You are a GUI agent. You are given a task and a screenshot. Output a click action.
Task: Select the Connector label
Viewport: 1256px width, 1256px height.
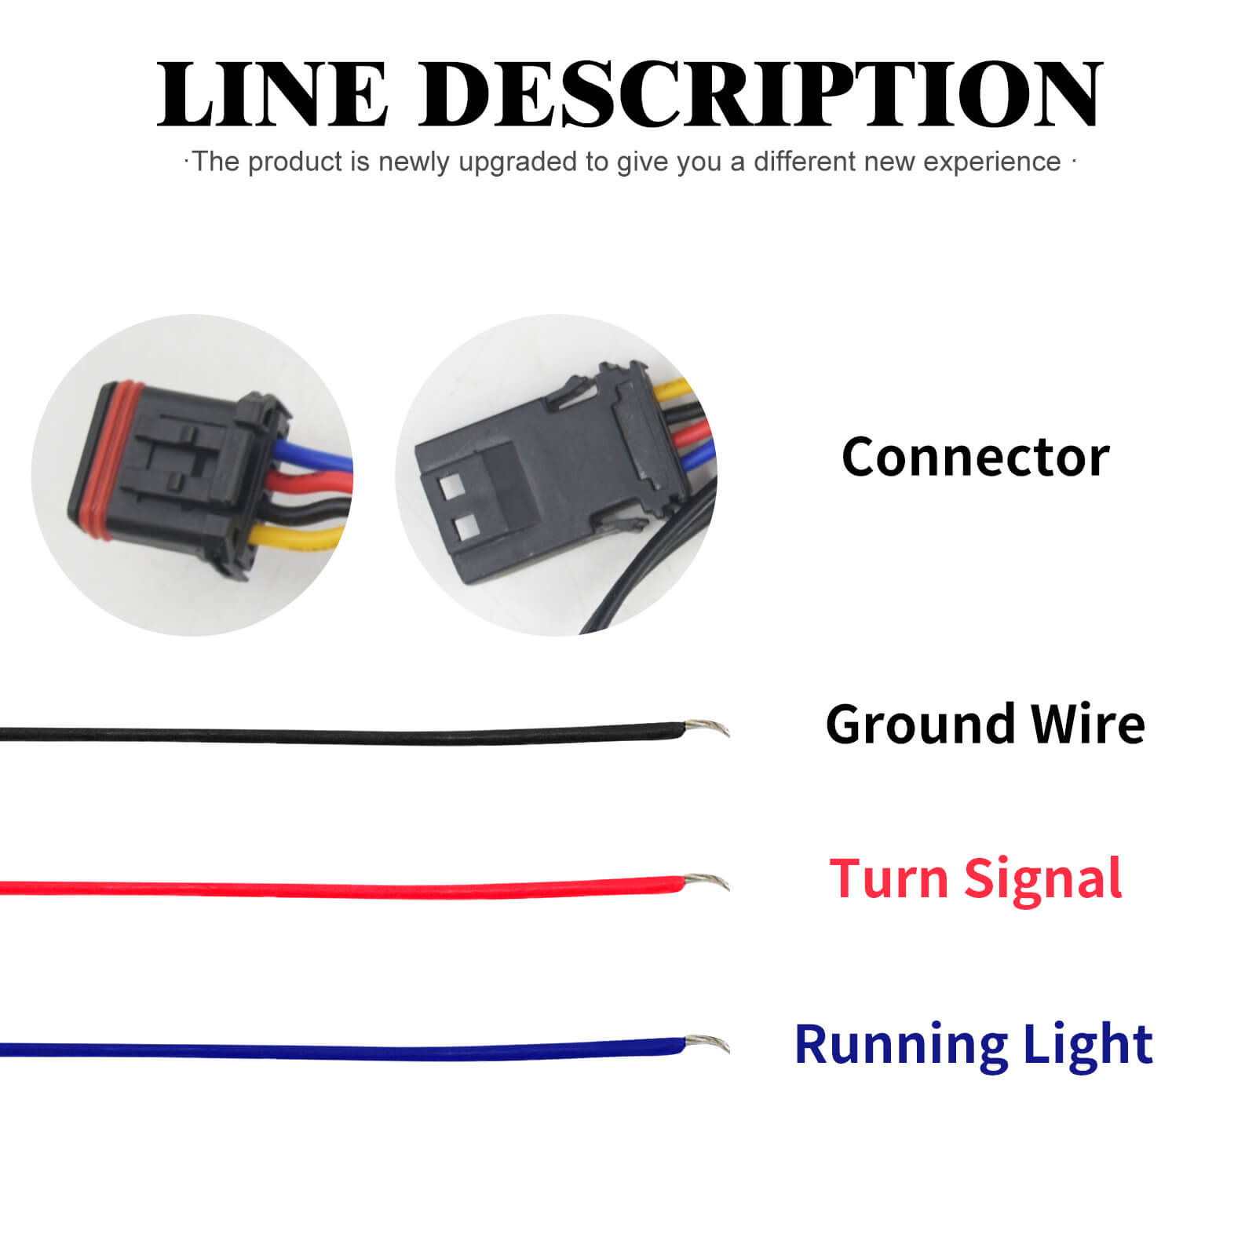975,457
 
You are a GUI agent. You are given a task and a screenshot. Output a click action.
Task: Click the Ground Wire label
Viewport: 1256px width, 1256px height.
984,724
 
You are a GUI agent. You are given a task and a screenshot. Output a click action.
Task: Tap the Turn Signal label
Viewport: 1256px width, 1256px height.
975,879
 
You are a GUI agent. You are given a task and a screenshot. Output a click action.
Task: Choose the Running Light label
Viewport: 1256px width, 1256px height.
973,1044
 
